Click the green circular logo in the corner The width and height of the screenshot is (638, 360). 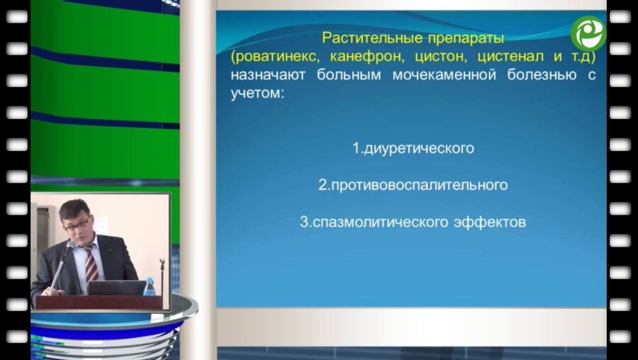pos(588,33)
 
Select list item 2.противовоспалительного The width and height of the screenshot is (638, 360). pos(413,186)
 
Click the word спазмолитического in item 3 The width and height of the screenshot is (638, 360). pos(374,223)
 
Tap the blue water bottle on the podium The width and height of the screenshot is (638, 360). pos(150,286)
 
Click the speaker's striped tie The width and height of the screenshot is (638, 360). pos(91,264)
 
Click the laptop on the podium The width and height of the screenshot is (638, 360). pos(117,288)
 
